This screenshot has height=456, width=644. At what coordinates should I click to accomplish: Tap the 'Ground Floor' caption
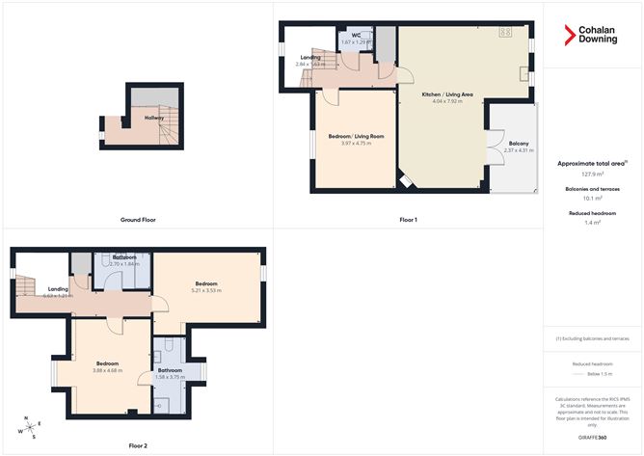[x=139, y=220]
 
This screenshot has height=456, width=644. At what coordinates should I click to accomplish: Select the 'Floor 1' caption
[x=408, y=220]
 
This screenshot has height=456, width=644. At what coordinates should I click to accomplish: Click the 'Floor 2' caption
[x=139, y=445]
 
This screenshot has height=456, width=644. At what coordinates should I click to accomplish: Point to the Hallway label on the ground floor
[x=153, y=118]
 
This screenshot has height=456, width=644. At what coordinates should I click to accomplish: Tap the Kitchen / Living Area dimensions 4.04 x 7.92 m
[x=446, y=101]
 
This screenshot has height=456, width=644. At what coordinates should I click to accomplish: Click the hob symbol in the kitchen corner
[x=504, y=34]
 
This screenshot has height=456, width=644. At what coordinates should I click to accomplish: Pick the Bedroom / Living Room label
[x=356, y=137]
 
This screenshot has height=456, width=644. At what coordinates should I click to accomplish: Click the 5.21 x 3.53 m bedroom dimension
[x=206, y=290]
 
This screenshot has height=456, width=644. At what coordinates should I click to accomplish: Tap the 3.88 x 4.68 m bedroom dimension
[x=107, y=370]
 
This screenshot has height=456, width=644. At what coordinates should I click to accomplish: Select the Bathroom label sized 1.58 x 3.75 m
[x=170, y=370]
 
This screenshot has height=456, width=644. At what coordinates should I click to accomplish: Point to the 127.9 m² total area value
[x=593, y=174]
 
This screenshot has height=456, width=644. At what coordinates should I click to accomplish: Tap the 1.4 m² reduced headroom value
[x=593, y=222]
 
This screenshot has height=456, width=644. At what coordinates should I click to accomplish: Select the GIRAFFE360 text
[x=593, y=437]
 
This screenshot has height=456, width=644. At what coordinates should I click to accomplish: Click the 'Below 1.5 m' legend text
[x=593, y=373]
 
